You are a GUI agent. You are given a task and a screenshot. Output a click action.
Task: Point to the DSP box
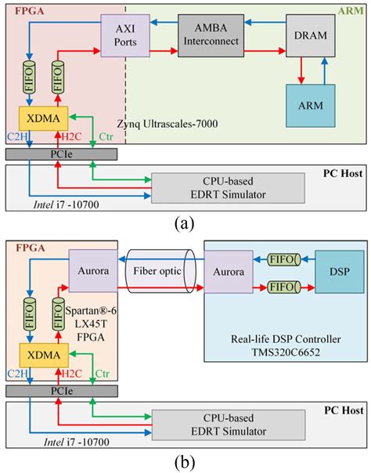[x=333, y=272]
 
